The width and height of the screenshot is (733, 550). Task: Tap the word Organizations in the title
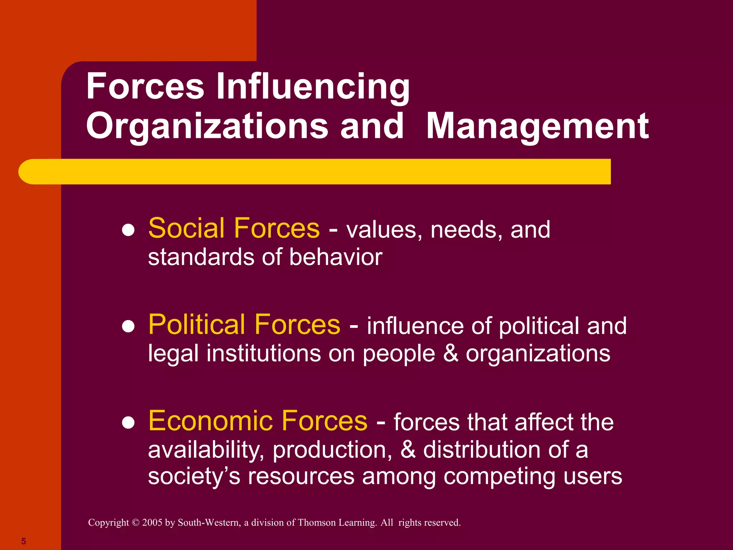click(x=207, y=126)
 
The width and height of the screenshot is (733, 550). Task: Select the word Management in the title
click(x=537, y=126)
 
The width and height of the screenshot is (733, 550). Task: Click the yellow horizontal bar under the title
click(x=314, y=172)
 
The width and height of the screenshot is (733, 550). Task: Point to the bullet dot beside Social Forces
click(x=128, y=230)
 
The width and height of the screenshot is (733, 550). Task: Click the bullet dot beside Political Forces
click(x=128, y=326)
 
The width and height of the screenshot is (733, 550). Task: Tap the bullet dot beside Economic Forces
click(x=128, y=423)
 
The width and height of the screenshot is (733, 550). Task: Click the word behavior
click(x=336, y=257)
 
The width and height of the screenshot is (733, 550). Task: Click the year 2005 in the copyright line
click(x=152, y=522)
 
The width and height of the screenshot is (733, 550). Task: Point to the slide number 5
click(x=24, y=541)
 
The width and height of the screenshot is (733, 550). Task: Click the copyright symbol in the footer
click(x=135, y=522)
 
